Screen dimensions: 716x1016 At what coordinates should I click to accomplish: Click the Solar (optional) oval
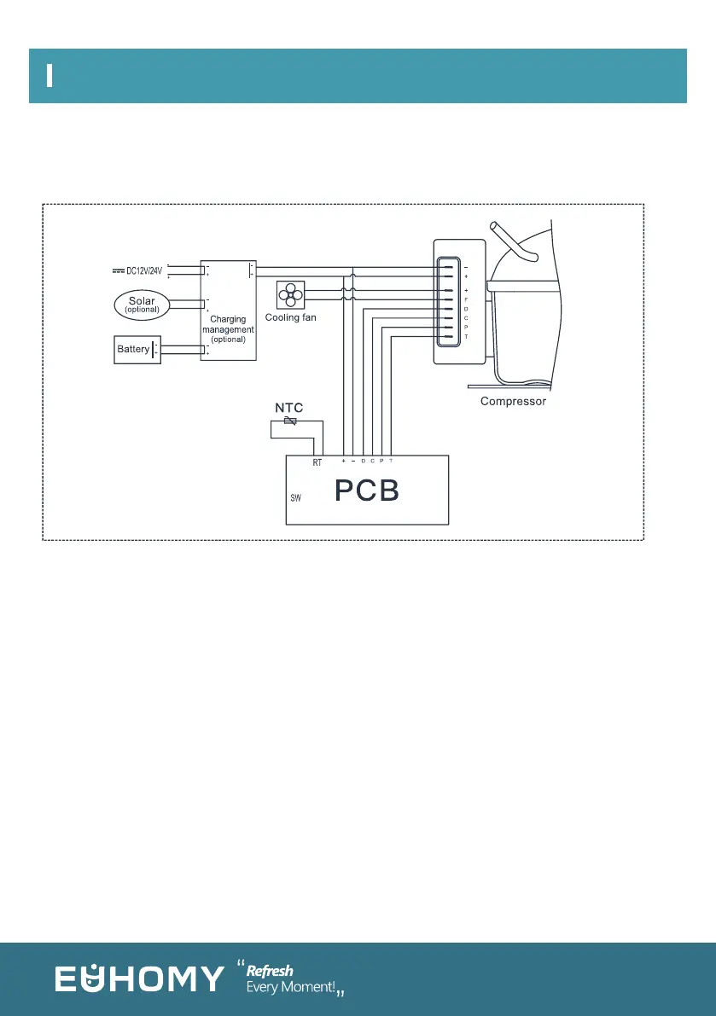[x=142, y=305]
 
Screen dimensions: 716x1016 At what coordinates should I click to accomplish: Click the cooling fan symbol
[x=291, y=296]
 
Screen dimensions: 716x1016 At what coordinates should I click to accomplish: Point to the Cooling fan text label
[x=290, y=317]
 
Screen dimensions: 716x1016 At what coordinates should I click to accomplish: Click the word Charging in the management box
[x=228, y=319]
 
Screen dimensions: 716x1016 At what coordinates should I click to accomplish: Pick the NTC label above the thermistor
[x=288, y=407]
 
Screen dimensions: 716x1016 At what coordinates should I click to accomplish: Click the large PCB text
[x=367, y=492]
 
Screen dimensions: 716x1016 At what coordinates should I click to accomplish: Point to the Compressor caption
[x=513, y=401]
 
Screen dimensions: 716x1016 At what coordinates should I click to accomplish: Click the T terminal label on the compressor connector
[x=466, y=338]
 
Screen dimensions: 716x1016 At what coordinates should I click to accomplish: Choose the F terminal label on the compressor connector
[x=466, y=299]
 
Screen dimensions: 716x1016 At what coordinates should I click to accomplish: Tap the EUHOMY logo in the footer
[x=140, y=978]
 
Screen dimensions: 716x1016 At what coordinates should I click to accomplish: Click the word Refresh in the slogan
[x=270, y=971]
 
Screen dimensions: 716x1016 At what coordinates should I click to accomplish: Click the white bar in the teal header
[x=50, y=75]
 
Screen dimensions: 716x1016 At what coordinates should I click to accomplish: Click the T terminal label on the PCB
[x=391, y=461]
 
